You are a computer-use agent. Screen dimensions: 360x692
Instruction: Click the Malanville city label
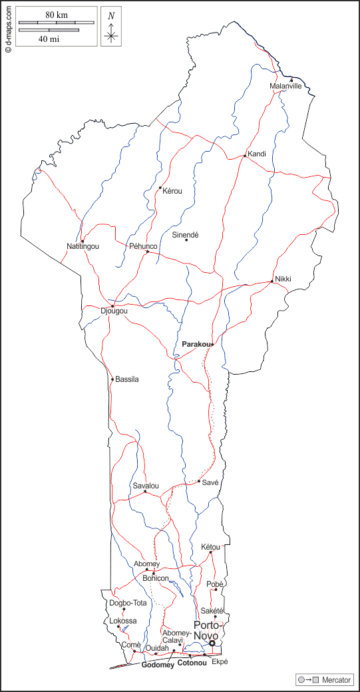285,86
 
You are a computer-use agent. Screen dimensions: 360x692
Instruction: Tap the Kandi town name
257,154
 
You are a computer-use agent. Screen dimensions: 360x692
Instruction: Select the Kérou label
172,191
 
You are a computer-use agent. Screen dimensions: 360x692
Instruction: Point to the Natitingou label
83,247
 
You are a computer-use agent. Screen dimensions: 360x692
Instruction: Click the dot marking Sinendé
186,240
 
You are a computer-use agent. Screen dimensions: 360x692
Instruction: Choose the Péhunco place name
143,246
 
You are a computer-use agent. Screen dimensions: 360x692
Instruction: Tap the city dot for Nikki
272,281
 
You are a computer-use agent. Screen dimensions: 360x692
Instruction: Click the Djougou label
114,311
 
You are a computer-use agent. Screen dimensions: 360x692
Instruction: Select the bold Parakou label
196,344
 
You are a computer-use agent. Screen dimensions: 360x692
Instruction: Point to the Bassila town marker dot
112,379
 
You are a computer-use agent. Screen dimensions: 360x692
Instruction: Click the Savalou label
146,486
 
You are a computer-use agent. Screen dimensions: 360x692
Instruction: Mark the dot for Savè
199,481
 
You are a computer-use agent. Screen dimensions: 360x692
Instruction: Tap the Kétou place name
210,547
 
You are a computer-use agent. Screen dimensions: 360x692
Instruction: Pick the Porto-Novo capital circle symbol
212,643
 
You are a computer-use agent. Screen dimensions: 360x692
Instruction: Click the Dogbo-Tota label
128,604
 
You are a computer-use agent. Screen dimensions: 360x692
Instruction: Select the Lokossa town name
123,621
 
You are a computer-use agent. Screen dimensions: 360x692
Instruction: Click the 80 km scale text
57,15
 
